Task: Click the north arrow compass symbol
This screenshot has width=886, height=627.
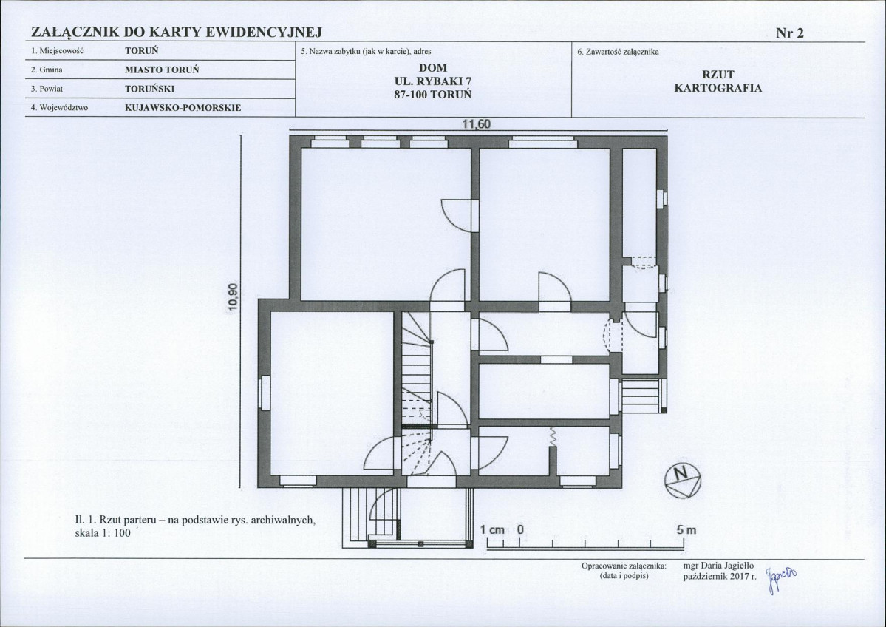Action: tap(683, 481)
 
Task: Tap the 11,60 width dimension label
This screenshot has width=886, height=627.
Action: tap(477, 124)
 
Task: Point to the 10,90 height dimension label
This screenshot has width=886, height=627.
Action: tap(234, 296)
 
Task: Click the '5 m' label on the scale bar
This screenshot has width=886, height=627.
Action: tap(686, 530)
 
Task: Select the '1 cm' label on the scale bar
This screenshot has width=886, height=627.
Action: tap(492, 529)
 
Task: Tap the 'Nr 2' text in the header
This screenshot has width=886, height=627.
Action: tap(789, 33)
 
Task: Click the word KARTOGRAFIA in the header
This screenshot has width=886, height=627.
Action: tap(718, 88)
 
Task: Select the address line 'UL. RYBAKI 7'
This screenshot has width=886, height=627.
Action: tap(434, 81)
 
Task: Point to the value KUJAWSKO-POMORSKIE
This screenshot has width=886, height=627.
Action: tap(183, 107)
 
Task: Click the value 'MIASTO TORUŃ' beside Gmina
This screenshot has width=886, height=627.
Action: tap(162, 70)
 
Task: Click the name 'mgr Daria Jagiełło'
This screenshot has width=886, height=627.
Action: tap(718, 566)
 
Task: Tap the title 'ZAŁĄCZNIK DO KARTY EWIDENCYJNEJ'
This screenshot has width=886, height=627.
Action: tap(177, 33)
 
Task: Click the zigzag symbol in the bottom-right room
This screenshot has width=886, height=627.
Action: tap(553, 436)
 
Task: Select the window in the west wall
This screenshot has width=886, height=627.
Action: tap(264, 393)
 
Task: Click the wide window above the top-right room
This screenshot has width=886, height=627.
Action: tap(543, 142)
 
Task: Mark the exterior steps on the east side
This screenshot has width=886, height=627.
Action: tap(642, 396)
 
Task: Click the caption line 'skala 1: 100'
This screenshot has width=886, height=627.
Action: tap(103, 533)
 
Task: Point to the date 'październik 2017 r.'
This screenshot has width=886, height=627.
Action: tap(719, 576)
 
